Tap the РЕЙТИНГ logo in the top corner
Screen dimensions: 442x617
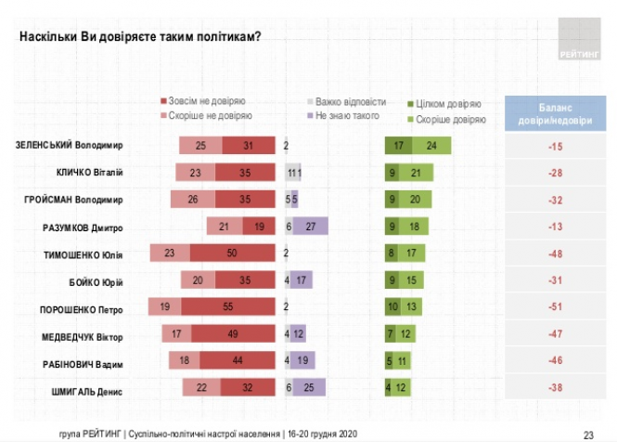click(x=582, y=36)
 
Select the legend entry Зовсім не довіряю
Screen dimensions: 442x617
click(x=203, y=102)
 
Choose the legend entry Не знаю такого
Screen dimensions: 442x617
click(x=342, y=116)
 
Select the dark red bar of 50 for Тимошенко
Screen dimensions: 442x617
click(x=233, y=254)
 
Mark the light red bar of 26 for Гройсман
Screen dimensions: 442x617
click(x=192, y=200)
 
